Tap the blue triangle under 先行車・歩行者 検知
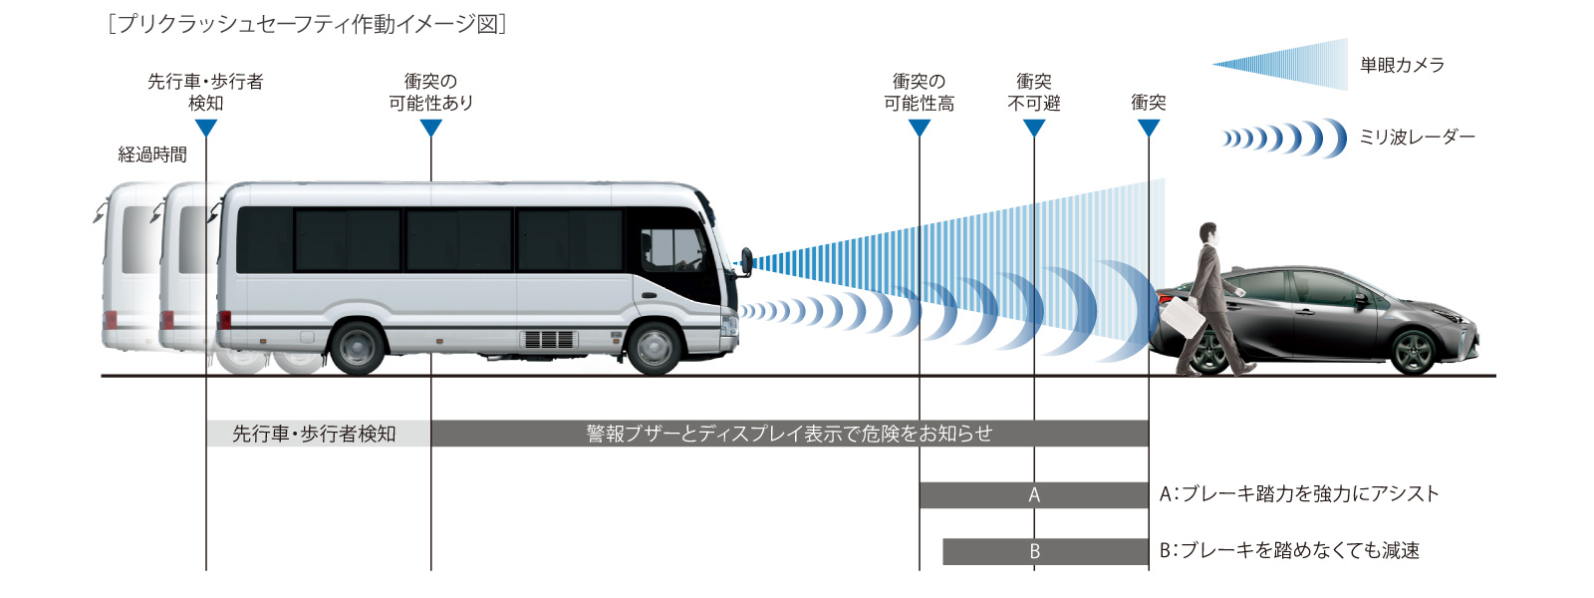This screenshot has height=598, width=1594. click(206, 128)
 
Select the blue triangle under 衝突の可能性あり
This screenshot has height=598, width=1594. click(431, 128)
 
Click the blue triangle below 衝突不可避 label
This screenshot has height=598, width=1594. click(1034, 128)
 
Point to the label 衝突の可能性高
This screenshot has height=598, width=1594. click(919, 92)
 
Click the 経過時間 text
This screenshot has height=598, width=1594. click(152, 154)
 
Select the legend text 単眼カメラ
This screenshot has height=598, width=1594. click(1402, 65)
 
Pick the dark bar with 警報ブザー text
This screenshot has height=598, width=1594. click(789, 434)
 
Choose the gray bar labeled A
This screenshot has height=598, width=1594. click(1033, 494)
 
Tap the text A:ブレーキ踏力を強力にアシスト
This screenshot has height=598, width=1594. click(1299, 493)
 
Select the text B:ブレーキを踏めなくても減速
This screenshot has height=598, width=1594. click(1289, 550)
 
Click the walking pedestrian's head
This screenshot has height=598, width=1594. click(1208, 233)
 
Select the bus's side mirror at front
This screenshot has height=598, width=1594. click(745, 261)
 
